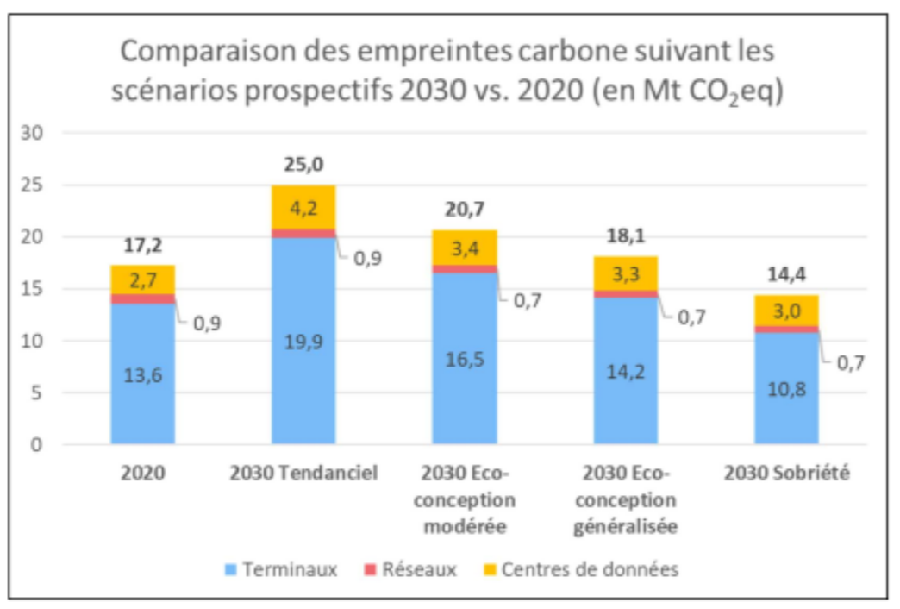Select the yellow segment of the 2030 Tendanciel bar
point(303,207)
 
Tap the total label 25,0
point(303,165)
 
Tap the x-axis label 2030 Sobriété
point(786,474)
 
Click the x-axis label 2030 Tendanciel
point(303,474)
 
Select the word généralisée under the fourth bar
point(625,526)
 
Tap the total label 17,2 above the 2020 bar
point(142,246)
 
